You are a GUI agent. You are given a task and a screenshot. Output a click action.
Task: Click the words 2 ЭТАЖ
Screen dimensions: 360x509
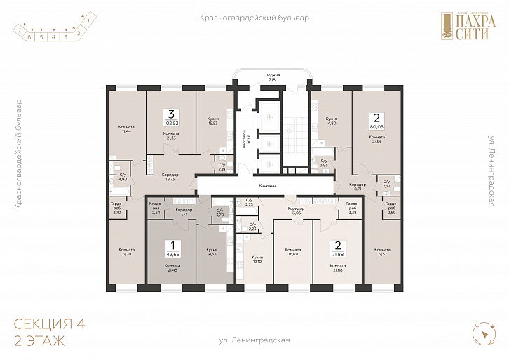point(39,342)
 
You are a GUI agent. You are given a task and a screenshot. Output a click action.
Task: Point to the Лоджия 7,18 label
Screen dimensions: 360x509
point(273,77)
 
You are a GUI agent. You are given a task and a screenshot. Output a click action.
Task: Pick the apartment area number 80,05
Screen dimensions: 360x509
point(376,128)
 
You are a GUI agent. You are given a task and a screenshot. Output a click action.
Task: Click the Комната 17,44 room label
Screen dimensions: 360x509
point(127,129)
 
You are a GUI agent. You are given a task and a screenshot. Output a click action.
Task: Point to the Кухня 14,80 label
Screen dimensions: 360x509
point(332,121)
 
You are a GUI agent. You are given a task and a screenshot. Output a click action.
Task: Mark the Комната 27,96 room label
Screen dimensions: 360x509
point(376,139)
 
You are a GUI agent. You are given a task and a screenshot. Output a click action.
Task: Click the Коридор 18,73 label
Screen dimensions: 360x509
point(170,178)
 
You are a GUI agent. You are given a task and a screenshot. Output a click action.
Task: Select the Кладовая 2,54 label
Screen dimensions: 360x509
point(156,208)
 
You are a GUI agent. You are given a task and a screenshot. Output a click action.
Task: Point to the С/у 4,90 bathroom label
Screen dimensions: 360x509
point(122,178)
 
